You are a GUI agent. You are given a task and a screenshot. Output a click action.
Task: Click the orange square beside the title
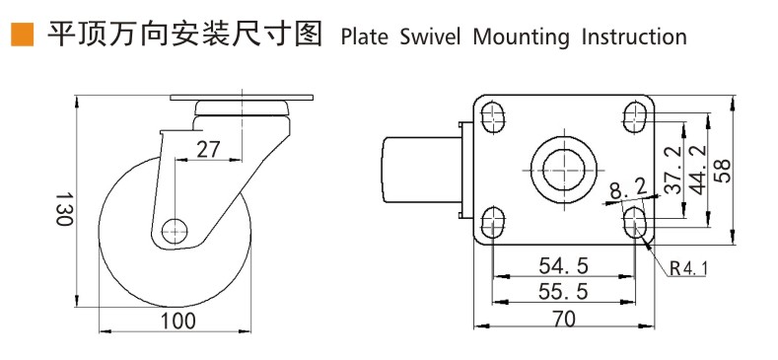[23, 35]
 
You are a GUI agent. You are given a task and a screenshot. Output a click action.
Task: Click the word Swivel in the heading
[430, 36]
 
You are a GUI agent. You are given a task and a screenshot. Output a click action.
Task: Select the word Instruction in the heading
[634, 36]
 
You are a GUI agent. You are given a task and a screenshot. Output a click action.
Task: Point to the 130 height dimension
[63, 209]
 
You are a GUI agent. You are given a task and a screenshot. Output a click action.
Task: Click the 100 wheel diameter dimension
[177, 322]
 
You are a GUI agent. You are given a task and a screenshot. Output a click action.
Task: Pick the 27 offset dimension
[208, 150]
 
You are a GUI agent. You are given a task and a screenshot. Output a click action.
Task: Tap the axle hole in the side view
[175, 231]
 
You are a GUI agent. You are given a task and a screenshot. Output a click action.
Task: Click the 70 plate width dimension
[563, 320]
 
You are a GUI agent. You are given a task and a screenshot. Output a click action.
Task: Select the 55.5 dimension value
[563, 292]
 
